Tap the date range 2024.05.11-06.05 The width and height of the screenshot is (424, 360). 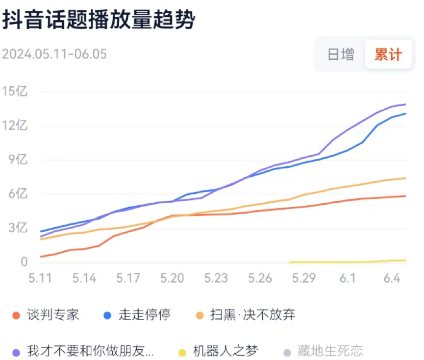point(54,54)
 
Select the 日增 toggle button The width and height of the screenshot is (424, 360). point(341,54)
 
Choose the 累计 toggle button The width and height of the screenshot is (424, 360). point(388,54)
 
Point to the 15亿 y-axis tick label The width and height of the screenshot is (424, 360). point(14,91)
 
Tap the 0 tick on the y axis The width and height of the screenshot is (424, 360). point(24,262)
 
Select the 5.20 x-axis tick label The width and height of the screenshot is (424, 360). point(172,278)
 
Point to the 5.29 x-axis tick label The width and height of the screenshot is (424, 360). point(303,278)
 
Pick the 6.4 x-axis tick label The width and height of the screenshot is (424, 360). point(392,278)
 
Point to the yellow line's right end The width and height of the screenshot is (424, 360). point(405,261)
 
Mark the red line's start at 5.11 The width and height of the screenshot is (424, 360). point(41,257)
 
